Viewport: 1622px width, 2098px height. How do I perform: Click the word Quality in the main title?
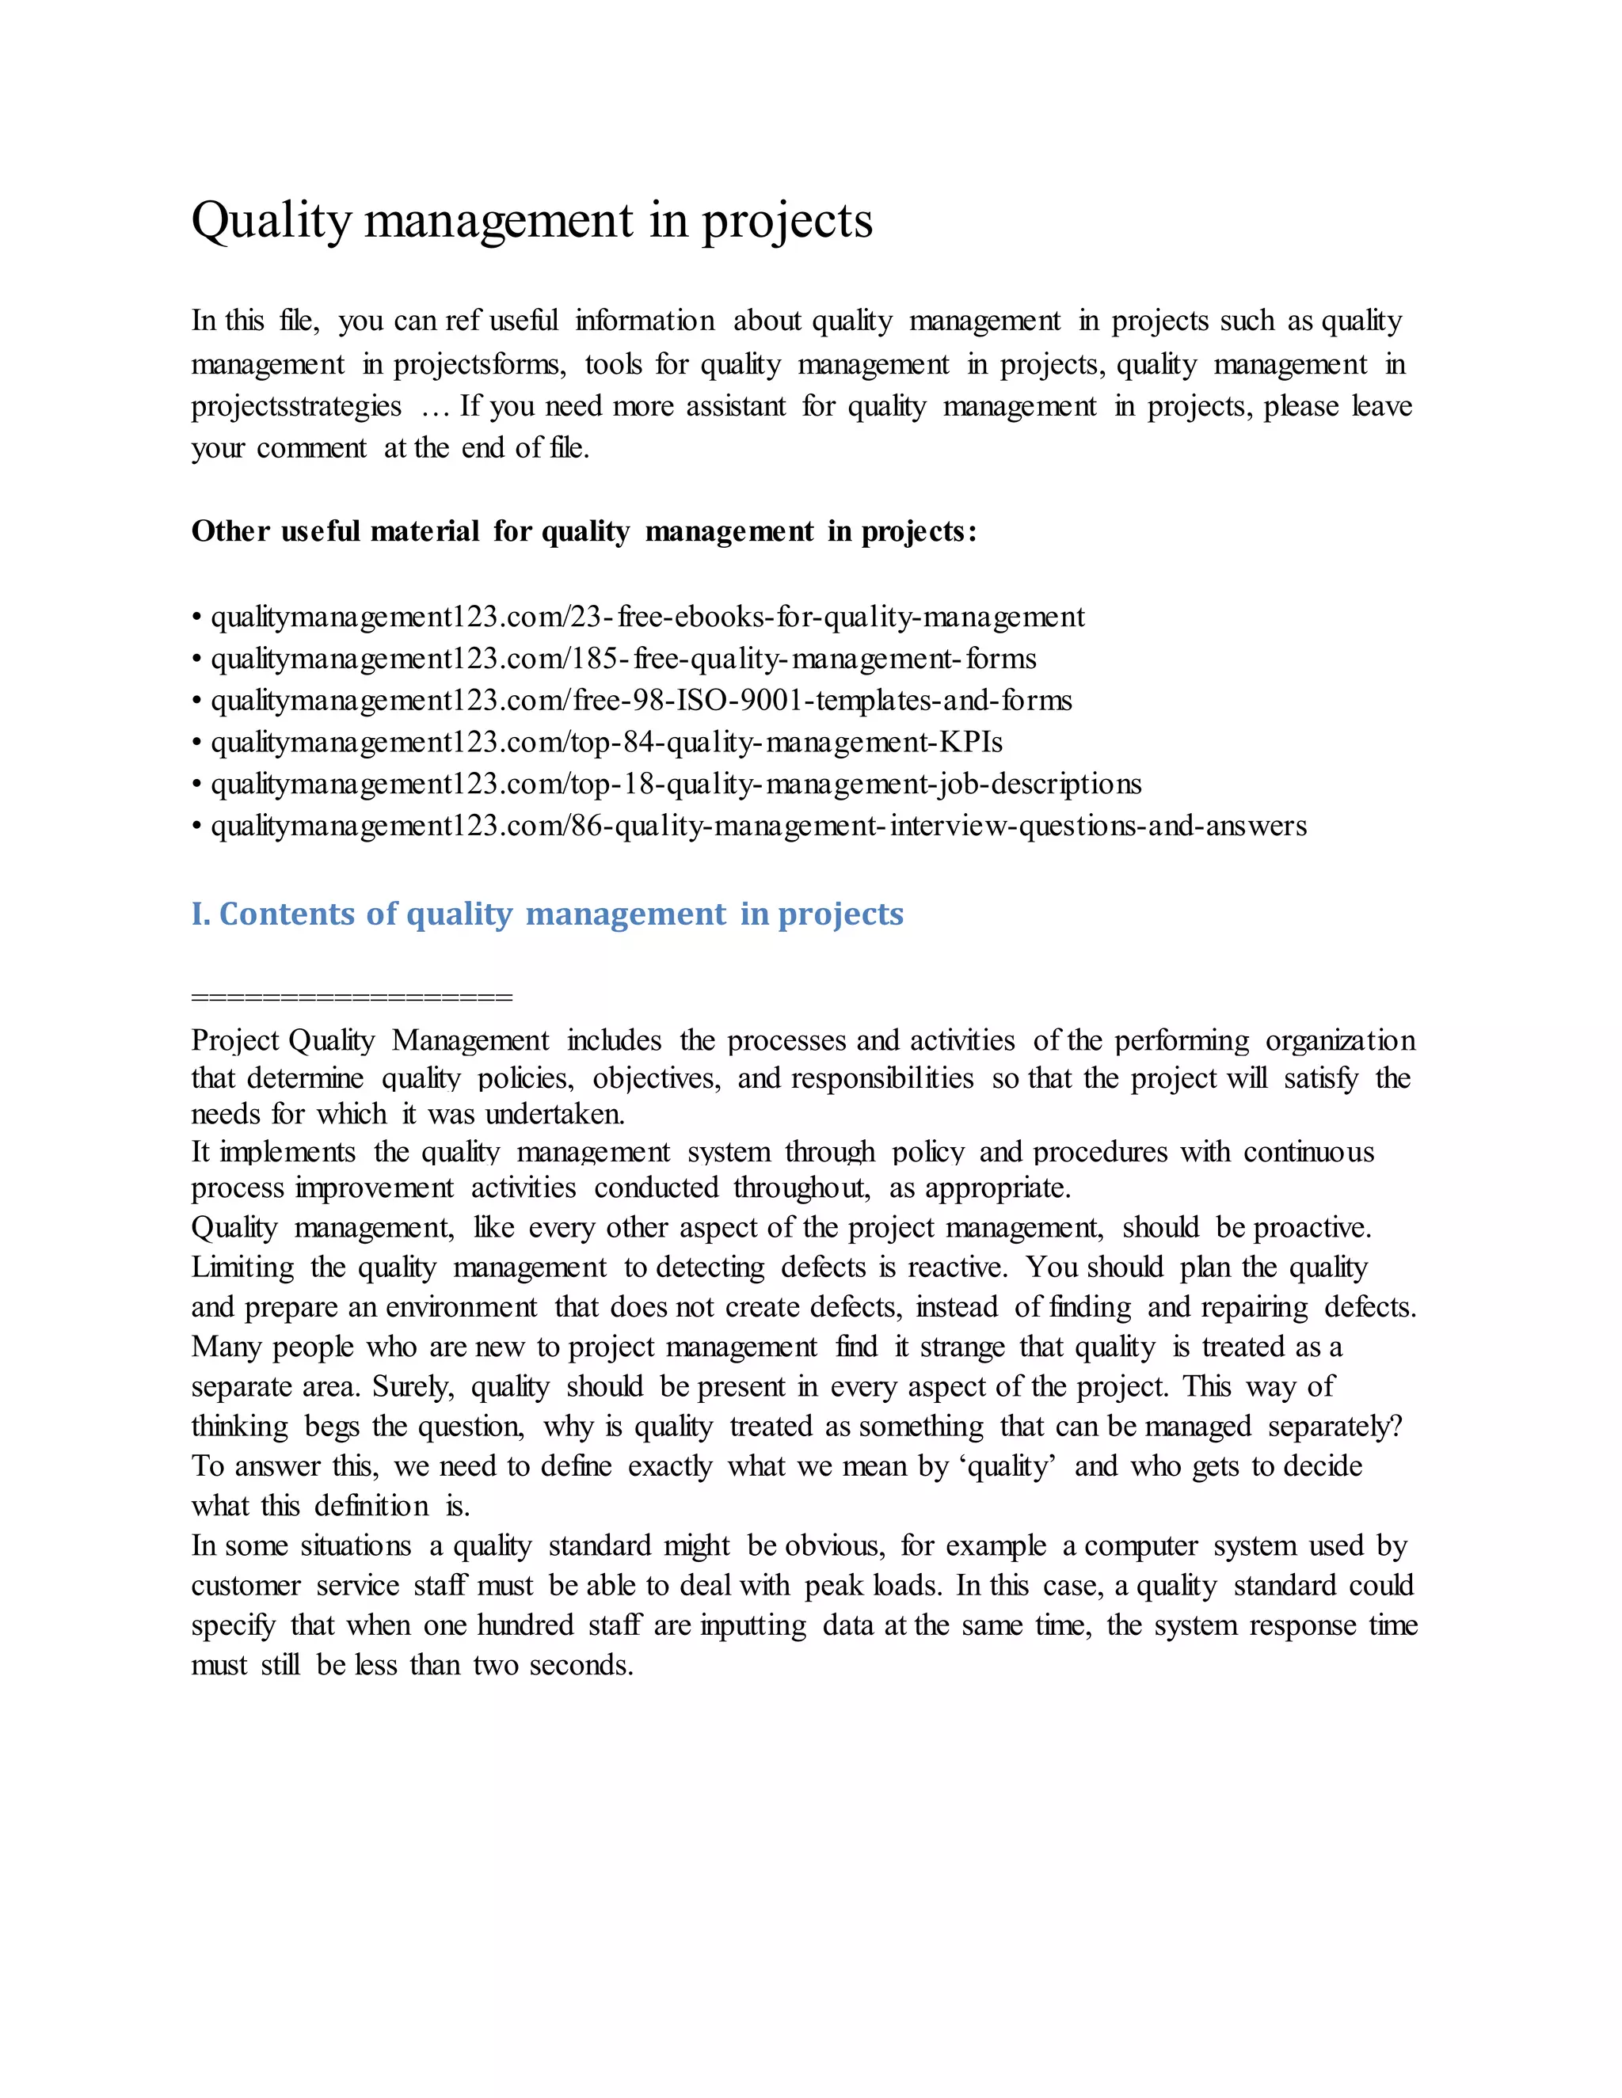click(x=272, y=221)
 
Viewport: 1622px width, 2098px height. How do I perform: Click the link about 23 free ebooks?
click(x=647, y=617)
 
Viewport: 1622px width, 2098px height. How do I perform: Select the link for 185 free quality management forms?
click(x=623, y=659)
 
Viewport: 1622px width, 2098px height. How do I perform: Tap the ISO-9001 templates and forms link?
click(x=641, y=701)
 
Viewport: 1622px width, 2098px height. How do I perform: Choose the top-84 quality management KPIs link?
click(x=607, y=743)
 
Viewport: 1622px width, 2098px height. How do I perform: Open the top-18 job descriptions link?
click(x=676, y=784)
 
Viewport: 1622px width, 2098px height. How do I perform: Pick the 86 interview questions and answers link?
click(x=758, y=826)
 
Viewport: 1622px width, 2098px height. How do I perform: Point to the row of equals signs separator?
click(x=352, y=996)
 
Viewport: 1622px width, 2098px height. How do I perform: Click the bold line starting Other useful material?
click(x=583, y=531)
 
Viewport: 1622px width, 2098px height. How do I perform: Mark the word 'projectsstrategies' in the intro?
click(x=296, y=406)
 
